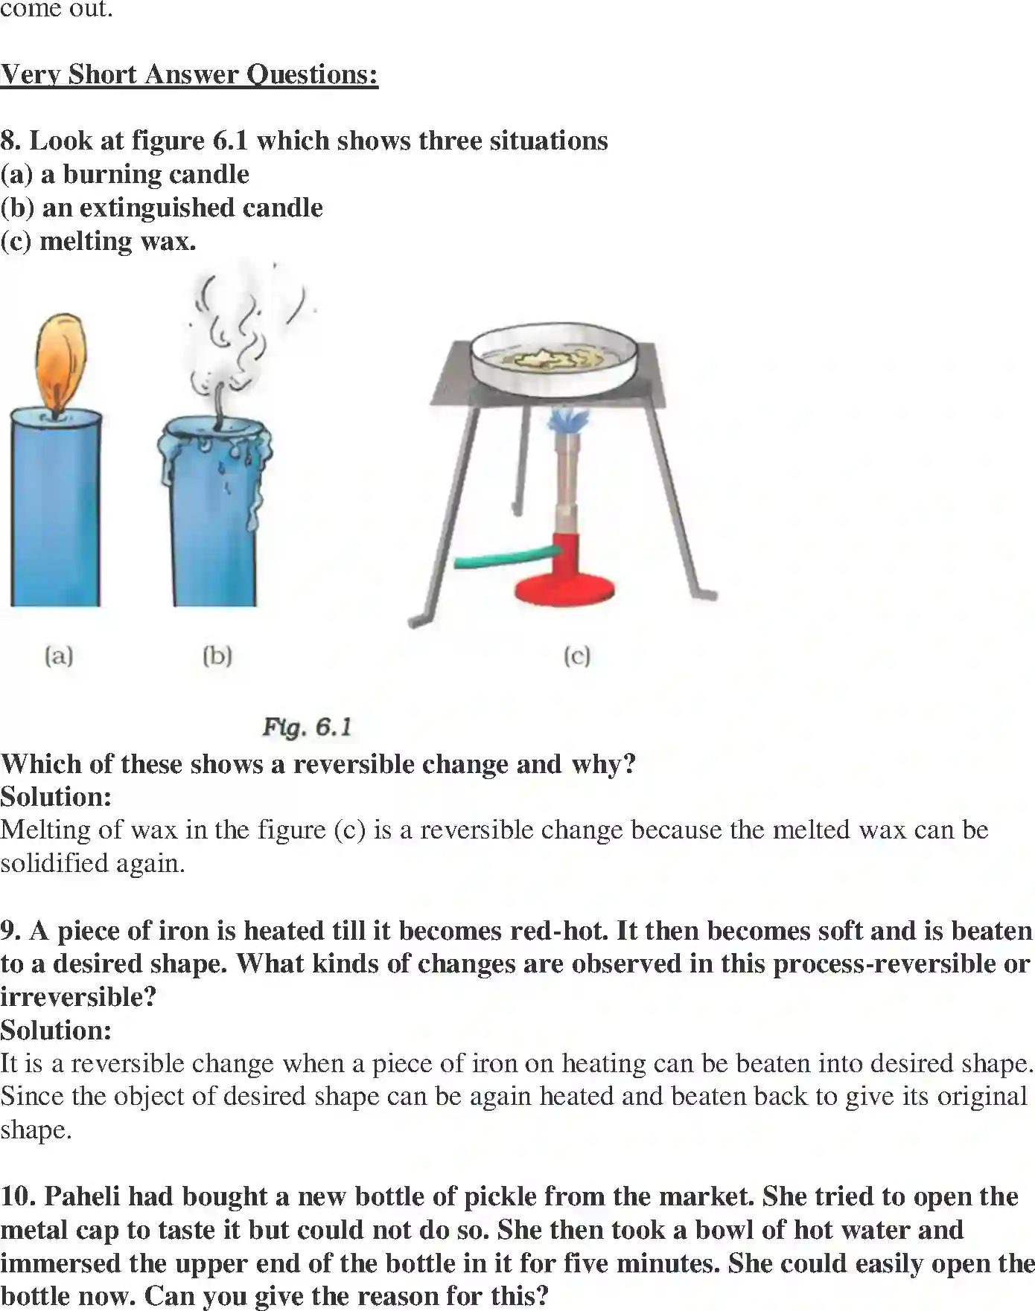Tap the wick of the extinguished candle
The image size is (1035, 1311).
click(x=219, y=406)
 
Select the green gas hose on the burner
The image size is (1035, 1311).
click(x=506, y=557)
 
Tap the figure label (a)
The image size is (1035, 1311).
click(x=59, y=655)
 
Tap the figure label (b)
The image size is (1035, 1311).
click(x=217, y=655)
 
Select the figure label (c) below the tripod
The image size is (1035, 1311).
click(x=577, y=655)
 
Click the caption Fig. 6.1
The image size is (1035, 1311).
click(x=307, y=727)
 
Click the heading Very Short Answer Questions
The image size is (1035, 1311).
click(x=189, y=74)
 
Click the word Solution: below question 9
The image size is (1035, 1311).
click(x=56, y=1030)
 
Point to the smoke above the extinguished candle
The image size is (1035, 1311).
click(x=235, y=327)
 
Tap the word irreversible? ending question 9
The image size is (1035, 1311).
click(x=78, y=997)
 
